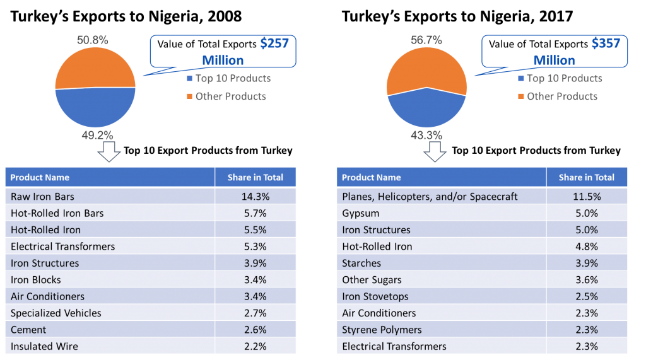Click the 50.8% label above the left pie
click(93, 40)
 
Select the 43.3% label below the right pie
click(427, 135)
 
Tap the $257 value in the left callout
click(274, 44)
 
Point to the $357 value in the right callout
click(606, 44)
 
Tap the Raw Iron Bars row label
click(42, 197)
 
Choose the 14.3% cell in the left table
click(255, 197)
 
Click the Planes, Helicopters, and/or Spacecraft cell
click(430, 197)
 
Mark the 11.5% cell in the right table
click(587, 197)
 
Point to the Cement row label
click(28, 330)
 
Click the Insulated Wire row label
click(44, 346)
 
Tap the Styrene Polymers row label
click(382, 330)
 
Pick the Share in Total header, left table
click(255, 177)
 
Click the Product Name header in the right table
click(371, 177)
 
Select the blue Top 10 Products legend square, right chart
click(520, 79)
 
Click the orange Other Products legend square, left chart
click(189, 96)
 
